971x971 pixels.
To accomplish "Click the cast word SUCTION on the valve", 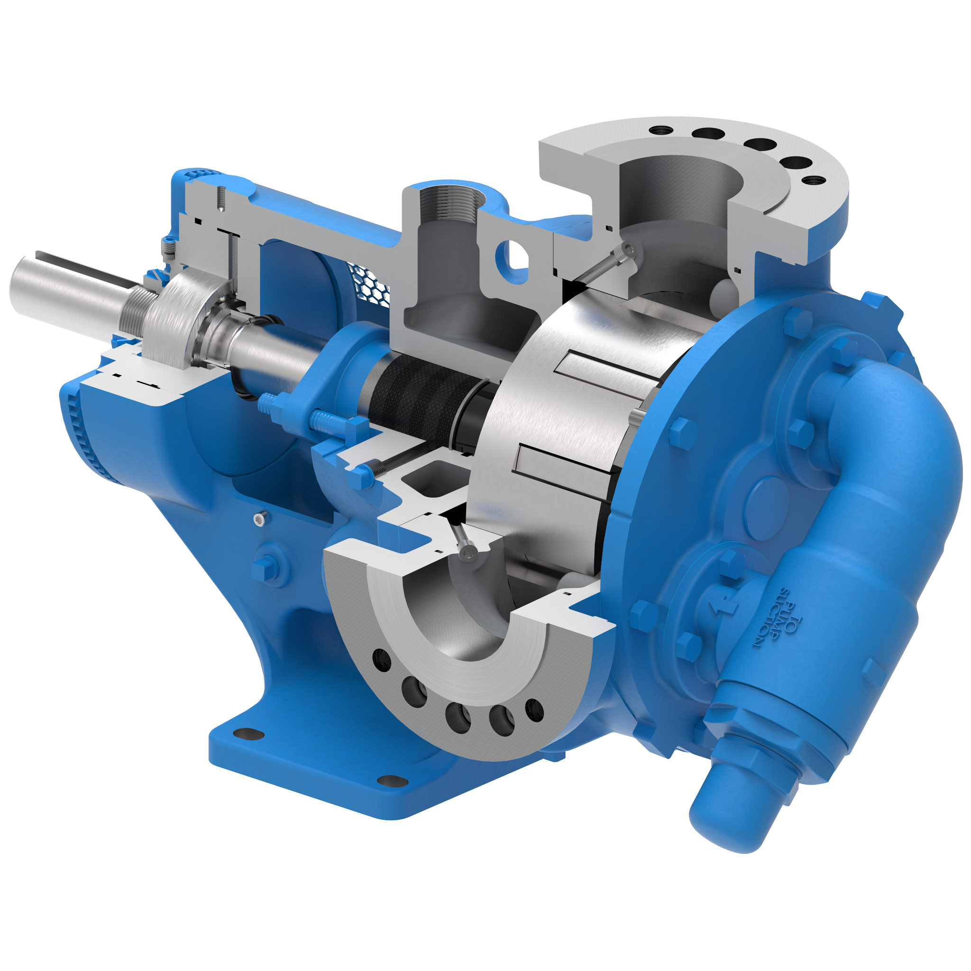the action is tap(767, 620).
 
